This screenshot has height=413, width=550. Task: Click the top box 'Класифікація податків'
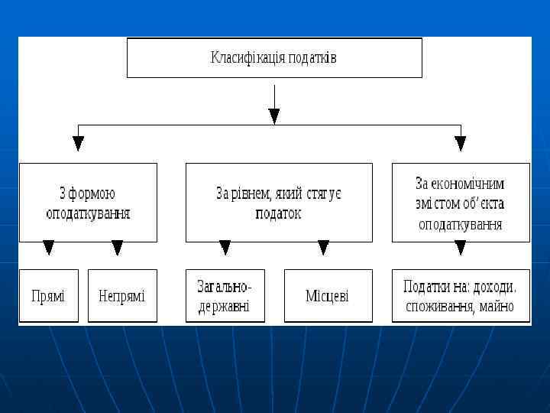click(x=274, y=58)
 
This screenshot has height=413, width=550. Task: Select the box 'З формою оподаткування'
click(x=88, y=202)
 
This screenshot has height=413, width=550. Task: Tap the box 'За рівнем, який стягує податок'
click(x=279, y=202)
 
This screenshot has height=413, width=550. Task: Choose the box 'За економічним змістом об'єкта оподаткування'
click(x=461, y=202)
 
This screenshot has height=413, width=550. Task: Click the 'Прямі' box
click(x=48, y=295)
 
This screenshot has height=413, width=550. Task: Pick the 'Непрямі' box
click(x=122, y=295)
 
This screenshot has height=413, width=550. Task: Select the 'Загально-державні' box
click(x=225, y=295)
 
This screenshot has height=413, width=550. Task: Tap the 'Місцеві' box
click(x=328, y=295)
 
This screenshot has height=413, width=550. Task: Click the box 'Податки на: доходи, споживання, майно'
click(x=461, y=295)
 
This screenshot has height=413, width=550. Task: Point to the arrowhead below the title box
click(x=274, y=115)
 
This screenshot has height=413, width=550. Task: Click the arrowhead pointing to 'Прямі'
click(x=49, y=248)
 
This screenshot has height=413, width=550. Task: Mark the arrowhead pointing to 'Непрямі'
click(x=117, y=248)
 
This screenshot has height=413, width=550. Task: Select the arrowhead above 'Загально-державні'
click(x=225, y=248)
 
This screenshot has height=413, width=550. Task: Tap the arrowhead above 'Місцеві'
click(x=323, y=248)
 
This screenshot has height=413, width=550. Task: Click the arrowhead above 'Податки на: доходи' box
click(x=460, y=248)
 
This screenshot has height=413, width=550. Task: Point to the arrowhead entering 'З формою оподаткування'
click(x=78, y=143)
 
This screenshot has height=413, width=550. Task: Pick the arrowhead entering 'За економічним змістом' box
click(x=460, y=143)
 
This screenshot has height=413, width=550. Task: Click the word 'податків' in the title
click(x=313, y=58)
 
